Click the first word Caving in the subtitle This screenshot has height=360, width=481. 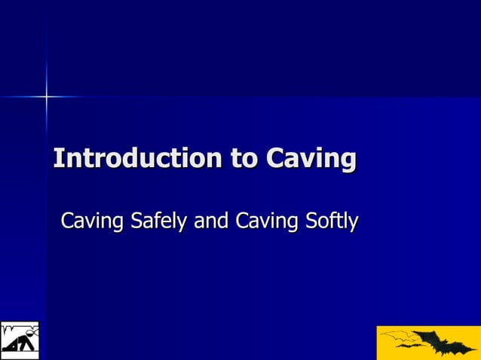tap(93, 222)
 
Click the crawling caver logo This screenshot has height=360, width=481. tap(19, 340)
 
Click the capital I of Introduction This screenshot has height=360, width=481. tap(57, 159)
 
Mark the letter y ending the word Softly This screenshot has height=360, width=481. tap(353, 224)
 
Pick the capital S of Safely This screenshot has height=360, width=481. tap(136, 222)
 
